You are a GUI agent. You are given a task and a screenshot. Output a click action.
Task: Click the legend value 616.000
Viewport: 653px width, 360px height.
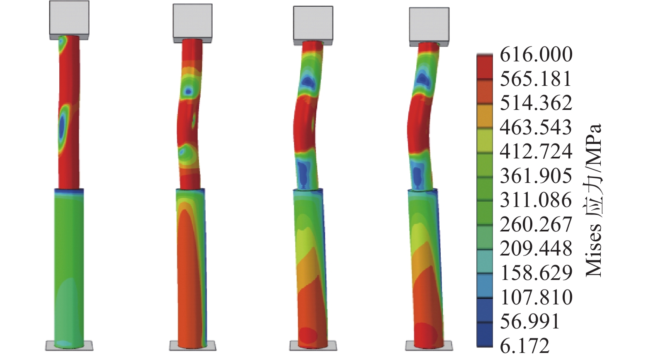point(536,54)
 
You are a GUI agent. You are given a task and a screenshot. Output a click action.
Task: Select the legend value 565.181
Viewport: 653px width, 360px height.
point(536,79)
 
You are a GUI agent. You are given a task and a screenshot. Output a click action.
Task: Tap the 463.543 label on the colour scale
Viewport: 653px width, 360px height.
point(536,127)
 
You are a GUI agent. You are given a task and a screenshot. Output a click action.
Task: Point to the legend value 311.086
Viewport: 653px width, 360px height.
point(536,200)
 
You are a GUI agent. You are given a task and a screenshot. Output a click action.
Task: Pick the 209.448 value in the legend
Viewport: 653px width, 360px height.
point(536,249)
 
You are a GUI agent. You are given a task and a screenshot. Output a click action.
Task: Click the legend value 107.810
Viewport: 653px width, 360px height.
point(536,297)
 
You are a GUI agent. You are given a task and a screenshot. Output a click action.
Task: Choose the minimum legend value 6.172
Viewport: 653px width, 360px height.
point(525,346)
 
